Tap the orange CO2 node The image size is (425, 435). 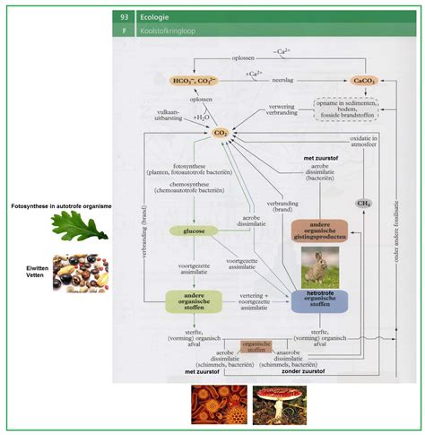click(220, 133)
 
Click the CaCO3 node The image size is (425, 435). click(365, 81)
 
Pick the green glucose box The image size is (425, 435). click(194, 231)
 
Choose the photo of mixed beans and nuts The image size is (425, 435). click(81, 273)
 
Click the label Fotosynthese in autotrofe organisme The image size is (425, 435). click(61, 206)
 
